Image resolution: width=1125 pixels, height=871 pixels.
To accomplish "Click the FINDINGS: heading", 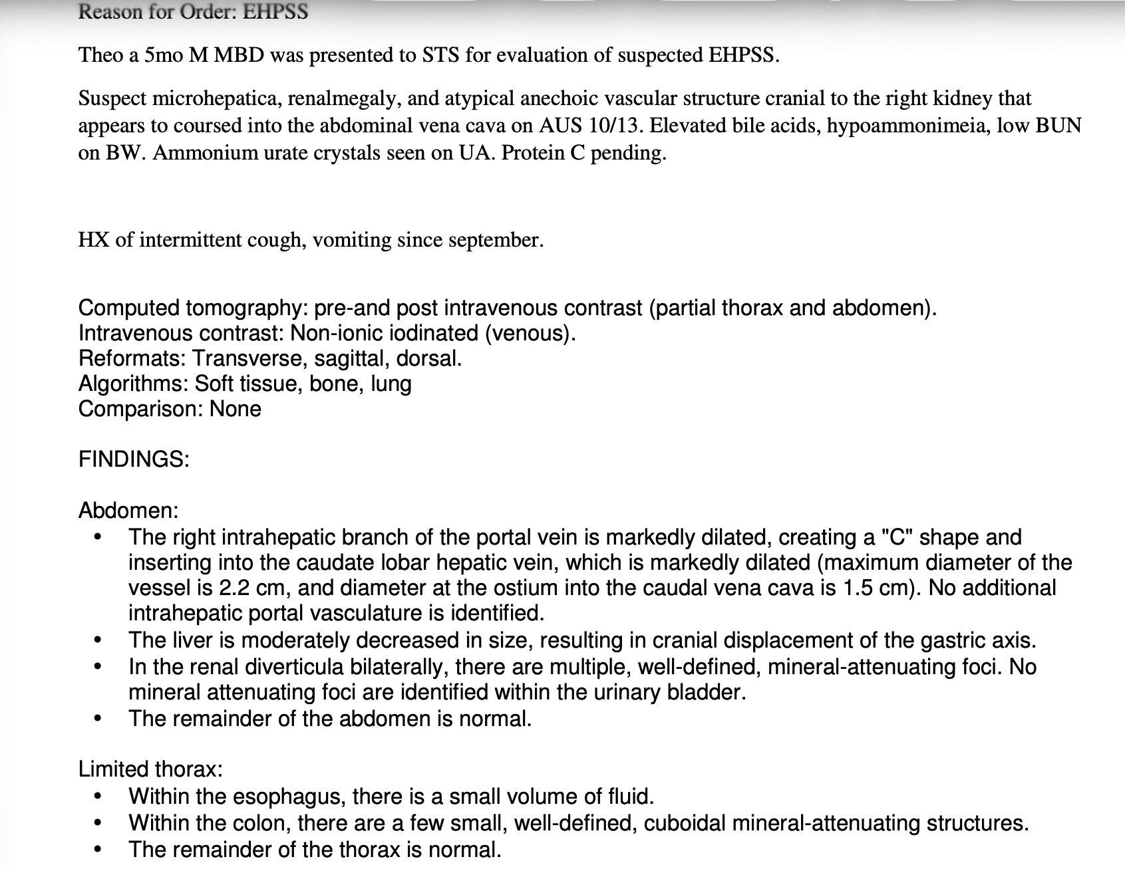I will [x=134, y=459].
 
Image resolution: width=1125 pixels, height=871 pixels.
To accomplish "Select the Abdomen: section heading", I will [x=128, y=511].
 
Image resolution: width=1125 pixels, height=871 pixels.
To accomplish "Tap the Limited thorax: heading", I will [x=150, y=769].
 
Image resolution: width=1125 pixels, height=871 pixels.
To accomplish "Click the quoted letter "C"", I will [x=897, y=537].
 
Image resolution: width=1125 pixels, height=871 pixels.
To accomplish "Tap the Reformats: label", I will [x=132, y=359].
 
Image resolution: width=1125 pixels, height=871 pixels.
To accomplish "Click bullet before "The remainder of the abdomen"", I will [x=98, y=719].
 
